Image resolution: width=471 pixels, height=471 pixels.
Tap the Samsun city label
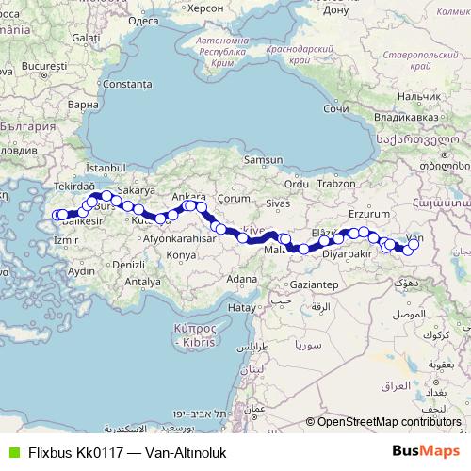point(263,160)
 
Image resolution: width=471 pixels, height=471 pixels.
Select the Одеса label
point(142,19)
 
